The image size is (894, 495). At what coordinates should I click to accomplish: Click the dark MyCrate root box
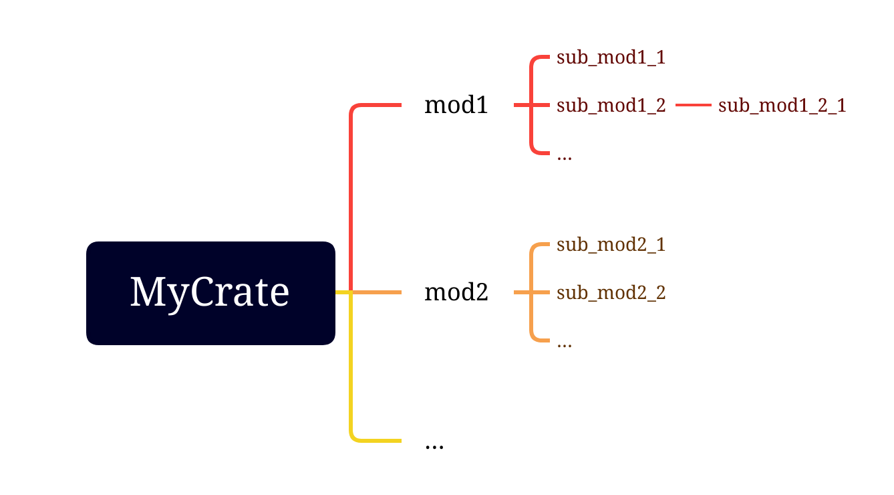[210, 293]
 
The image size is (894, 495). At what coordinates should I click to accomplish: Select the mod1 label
[456, 105]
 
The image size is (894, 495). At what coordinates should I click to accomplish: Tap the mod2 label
[456, 292]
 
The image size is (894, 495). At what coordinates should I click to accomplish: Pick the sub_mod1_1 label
[611, 58]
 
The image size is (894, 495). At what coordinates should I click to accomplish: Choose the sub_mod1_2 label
[611, 106]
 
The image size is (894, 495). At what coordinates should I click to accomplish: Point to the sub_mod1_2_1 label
[782, 106]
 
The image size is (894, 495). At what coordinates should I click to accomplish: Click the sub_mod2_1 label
[611, 245]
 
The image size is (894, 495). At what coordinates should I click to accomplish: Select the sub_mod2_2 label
[611, 293]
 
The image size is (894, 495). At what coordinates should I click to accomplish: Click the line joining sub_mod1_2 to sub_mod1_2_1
[693, 105]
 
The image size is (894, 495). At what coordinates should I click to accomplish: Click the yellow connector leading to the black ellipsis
[351, 375]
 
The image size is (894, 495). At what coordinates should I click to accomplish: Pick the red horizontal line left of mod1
[378, 105]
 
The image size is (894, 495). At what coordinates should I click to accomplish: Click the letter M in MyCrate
[147, 292]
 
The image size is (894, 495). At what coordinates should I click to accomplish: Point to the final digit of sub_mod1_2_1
[841, 106]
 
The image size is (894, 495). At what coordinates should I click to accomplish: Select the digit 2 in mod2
[481, 293]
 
